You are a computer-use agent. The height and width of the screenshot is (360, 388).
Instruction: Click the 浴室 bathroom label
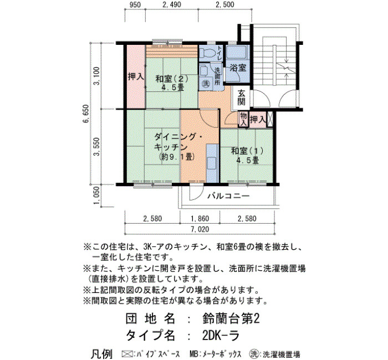coord(238,68)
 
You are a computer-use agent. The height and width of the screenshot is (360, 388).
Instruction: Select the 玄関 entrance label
coord(241,97)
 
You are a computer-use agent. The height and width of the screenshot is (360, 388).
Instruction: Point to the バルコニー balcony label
coord(228,196)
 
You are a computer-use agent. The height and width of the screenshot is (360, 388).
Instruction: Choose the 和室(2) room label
coord(172,79)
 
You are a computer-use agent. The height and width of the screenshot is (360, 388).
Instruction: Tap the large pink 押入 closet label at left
coord(136,77)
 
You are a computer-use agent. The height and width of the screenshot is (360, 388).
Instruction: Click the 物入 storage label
coord(244,119)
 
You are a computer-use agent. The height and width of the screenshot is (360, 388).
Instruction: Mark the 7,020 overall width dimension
coord(200,229)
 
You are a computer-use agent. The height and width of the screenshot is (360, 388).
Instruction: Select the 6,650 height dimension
coord(86,114)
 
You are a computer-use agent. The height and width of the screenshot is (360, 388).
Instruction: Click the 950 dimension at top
coord(135,4)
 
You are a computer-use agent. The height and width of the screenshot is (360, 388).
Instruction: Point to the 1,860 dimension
coord(200,219)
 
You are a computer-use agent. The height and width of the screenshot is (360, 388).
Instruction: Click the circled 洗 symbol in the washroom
coord(206,84)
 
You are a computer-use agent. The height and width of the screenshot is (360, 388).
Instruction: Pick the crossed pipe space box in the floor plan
coord(269,120)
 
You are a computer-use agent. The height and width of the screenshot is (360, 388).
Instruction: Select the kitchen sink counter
coord(212,163)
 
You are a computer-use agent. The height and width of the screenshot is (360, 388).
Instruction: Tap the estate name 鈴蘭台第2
coord(231,319)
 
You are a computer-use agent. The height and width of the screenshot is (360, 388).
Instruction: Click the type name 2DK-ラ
coord(221,335)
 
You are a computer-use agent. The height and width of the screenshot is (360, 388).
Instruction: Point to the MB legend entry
coord(215,354)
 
